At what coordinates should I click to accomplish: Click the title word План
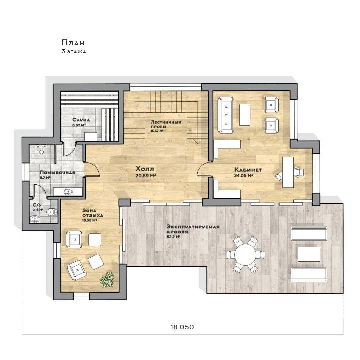73,43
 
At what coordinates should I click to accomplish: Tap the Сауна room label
81,120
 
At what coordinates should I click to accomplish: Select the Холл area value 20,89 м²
146,176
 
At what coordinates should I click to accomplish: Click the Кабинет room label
248,170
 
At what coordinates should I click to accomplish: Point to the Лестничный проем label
166,124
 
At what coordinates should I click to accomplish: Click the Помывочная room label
58,172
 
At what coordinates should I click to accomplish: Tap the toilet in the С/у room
51,212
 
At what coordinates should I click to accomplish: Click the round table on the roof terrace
245,254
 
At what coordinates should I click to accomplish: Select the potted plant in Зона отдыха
107,279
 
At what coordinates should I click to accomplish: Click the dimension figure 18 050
182,327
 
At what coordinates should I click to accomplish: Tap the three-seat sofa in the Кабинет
225,115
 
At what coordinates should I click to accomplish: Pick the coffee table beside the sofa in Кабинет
245,115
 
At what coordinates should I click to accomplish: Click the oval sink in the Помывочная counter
68,191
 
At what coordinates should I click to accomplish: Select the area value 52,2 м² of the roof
174,237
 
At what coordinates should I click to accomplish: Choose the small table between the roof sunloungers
309,254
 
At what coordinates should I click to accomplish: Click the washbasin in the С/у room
35,219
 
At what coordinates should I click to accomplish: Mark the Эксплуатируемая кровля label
193,229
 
